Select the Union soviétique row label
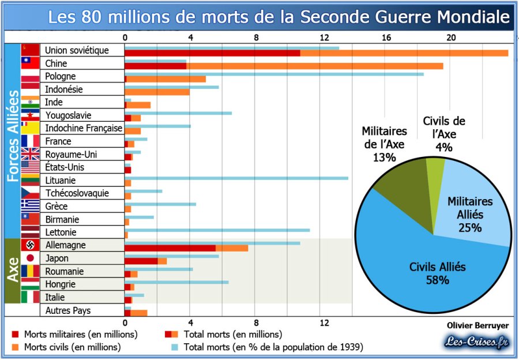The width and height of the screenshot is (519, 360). [76, 50]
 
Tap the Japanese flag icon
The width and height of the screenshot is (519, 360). [30, 258]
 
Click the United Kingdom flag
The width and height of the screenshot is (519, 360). [30, 154]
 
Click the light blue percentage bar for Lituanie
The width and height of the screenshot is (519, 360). [288, 178]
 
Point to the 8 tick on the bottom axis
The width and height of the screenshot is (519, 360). [256, 322]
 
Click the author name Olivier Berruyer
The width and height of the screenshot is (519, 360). [477, 325]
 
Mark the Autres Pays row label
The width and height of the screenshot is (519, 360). [67, 310]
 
